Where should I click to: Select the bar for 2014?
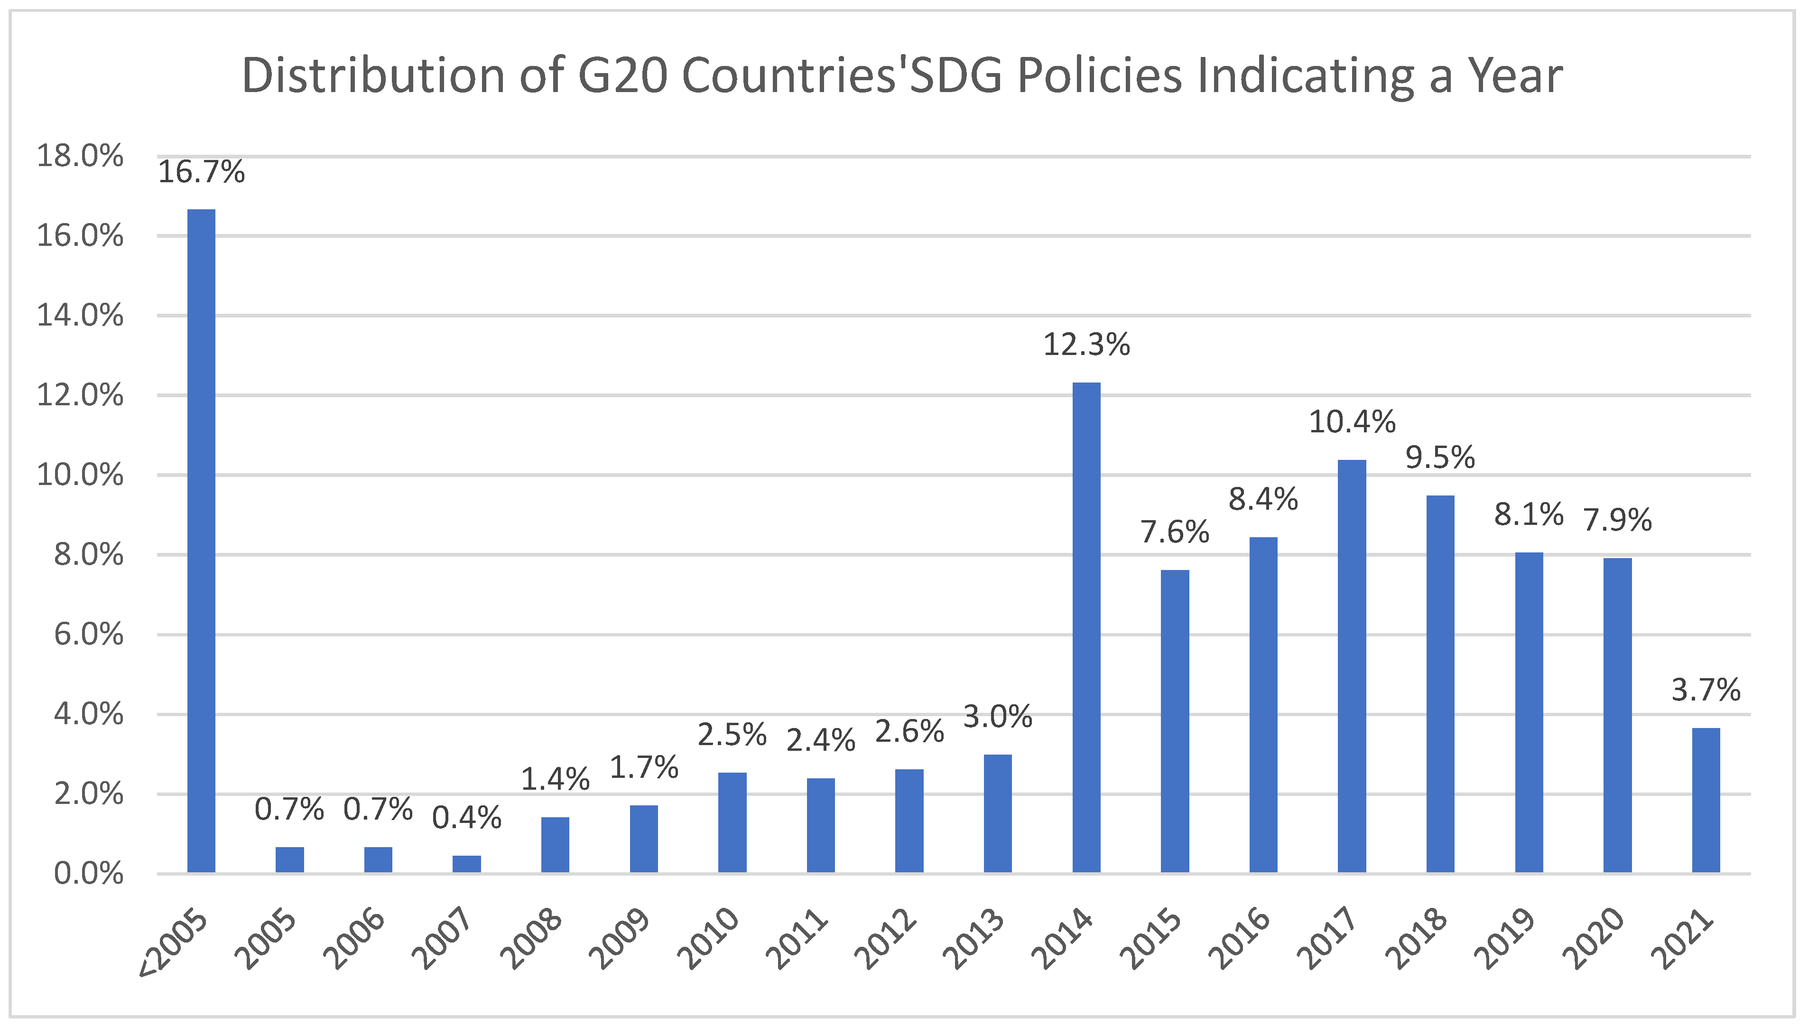coord(1086,628)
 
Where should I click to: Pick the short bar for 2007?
coord(467,864)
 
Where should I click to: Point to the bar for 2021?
coord(1706,801)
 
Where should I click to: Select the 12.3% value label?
coord(1086,345)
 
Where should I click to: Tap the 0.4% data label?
coord(467,818)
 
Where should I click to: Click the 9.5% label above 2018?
coord(1440,458)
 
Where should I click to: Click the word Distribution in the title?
coord(373,75)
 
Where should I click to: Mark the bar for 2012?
coord(909,821)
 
